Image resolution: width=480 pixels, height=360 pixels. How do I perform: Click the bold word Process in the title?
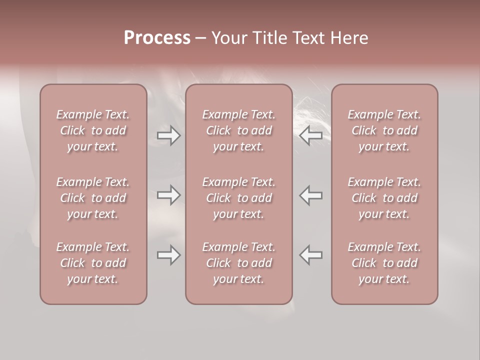[x=157, y=38]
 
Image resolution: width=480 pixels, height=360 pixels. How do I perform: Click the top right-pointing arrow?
[x=169, y=135]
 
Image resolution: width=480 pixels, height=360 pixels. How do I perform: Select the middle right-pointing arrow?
[x=169, y=195]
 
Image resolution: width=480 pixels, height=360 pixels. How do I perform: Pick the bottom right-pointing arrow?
[x=169, y=255]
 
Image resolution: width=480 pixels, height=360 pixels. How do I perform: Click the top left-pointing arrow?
[x=311, y=135]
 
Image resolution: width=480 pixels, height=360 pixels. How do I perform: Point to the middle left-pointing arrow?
[x=311, y=195]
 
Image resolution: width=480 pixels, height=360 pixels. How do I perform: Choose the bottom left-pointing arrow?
[x=311, y=255]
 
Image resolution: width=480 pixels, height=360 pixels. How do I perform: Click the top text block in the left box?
[x=93, y=130]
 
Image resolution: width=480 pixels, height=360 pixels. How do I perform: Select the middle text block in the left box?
[x=93, y=198]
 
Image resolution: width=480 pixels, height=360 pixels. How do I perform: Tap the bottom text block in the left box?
[x=93, y=263]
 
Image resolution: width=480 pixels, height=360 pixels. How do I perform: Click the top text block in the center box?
[x=239, y=130]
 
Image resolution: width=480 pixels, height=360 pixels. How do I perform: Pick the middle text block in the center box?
[x=239, y=198]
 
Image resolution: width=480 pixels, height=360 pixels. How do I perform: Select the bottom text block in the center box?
[x=239, y=263]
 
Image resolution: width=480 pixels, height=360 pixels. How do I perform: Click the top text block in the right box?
[x=384, y=130]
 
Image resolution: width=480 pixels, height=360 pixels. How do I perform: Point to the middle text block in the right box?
[x=384, y=198]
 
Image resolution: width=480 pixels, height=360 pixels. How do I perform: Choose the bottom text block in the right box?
[x=384, y=263]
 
